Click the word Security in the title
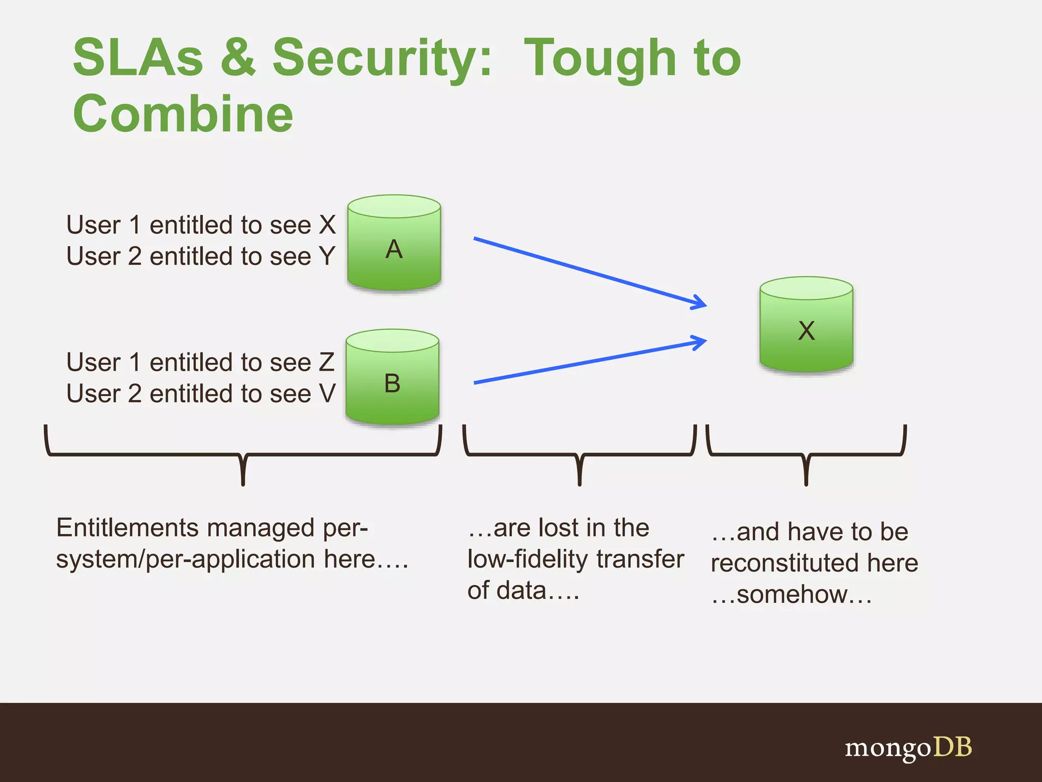pos(382,58)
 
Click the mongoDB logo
pos(908,747)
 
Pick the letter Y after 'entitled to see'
pos(327,256)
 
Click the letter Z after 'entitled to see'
pos(327,362)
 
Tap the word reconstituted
pos(783,563)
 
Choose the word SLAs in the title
pos(138,58)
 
